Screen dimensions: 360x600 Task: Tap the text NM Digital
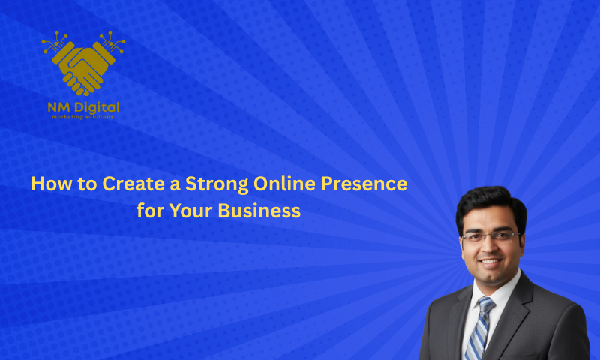tap(83, 106)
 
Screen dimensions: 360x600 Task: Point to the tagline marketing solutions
tap(83, 117)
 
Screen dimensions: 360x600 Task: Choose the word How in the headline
tap(46, 184)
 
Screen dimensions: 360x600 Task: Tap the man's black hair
tap(490, 201)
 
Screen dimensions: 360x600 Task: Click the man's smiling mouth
tap(492, 263)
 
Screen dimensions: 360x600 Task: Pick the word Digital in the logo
tap(97, 106)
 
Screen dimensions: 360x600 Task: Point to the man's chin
tap(492, 278)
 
